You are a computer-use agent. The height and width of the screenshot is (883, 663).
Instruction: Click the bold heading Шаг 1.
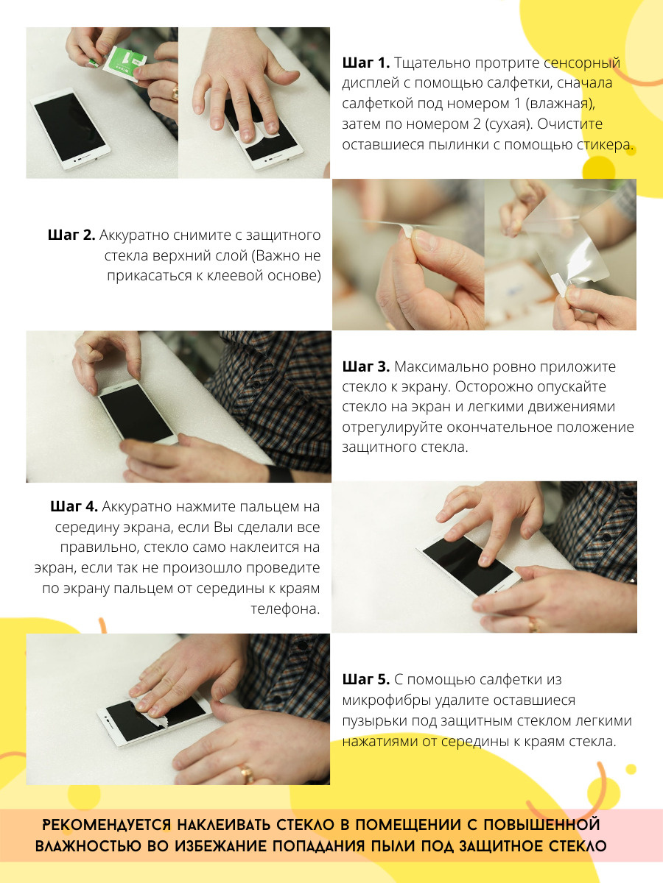pos(366,63)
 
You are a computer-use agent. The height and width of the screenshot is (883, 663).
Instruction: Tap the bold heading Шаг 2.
pos(71,235)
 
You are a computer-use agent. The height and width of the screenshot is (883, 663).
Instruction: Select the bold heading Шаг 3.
pos(366,366)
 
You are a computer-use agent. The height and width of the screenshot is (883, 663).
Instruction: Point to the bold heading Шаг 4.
pos(74,506)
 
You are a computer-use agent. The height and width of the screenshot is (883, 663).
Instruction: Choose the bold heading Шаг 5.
pos(366,679)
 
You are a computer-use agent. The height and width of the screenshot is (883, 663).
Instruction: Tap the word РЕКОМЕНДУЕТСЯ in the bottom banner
pos(107,825)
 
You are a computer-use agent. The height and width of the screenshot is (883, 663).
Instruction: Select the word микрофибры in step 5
pos(387,701)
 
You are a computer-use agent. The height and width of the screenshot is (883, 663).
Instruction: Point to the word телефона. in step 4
pos(285,609)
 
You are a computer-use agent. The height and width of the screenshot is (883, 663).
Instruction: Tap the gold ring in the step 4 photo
pos(534,625)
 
